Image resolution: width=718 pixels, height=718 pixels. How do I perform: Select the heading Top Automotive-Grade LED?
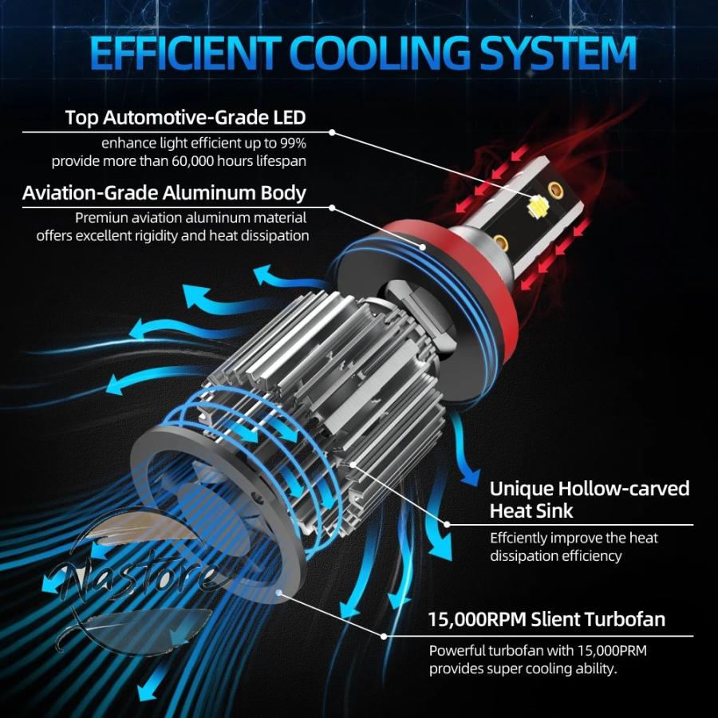(x=185, y=117)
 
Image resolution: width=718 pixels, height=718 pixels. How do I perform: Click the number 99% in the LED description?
(x=292, y=144)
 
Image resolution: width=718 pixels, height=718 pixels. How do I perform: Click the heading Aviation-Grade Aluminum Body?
(x=164, y=193)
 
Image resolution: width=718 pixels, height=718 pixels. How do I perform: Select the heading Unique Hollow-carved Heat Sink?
(x=590, y=499)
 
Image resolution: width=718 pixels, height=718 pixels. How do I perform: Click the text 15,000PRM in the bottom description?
(x=612, y=651)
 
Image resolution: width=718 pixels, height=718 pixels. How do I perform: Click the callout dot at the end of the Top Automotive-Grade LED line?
(x=332, y=132)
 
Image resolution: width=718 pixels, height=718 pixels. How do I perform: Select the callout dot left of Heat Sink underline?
(x=447, y=525)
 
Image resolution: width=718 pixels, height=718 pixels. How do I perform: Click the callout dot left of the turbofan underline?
(x=384, y=636)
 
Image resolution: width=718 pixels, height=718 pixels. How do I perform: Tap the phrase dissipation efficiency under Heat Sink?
(x=556, y=556)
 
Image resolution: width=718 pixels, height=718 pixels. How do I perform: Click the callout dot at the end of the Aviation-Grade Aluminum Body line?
(x=332, y=207)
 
